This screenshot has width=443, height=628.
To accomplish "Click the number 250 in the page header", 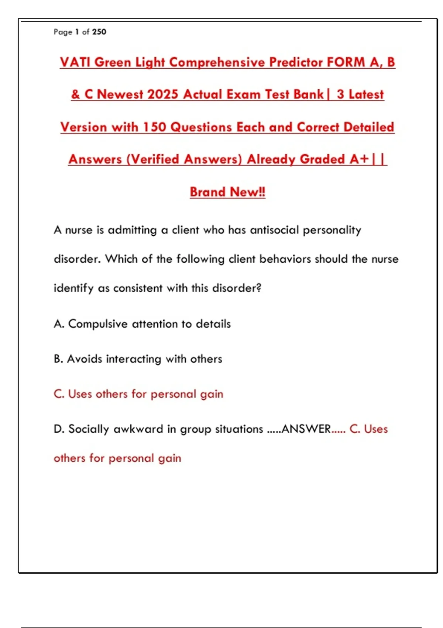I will [x=99, y=32].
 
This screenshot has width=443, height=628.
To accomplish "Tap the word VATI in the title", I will [x=75, y=62].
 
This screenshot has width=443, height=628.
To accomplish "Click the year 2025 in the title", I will [x=162, y=94].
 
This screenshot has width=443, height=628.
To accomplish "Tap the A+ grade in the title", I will [x=359, y=159].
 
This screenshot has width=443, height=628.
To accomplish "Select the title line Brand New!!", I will [x=227, y=192].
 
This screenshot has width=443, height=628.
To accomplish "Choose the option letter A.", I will [x=58, y=324].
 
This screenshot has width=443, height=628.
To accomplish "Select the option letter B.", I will [x=58, y=359].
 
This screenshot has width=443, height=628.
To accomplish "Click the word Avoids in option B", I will [x=85, y=359].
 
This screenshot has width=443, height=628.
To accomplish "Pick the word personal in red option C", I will [x=173, y=394].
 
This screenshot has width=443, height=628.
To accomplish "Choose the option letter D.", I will [x=58, y=429].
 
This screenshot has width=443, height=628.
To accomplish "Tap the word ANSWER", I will [x=306, y=429].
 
